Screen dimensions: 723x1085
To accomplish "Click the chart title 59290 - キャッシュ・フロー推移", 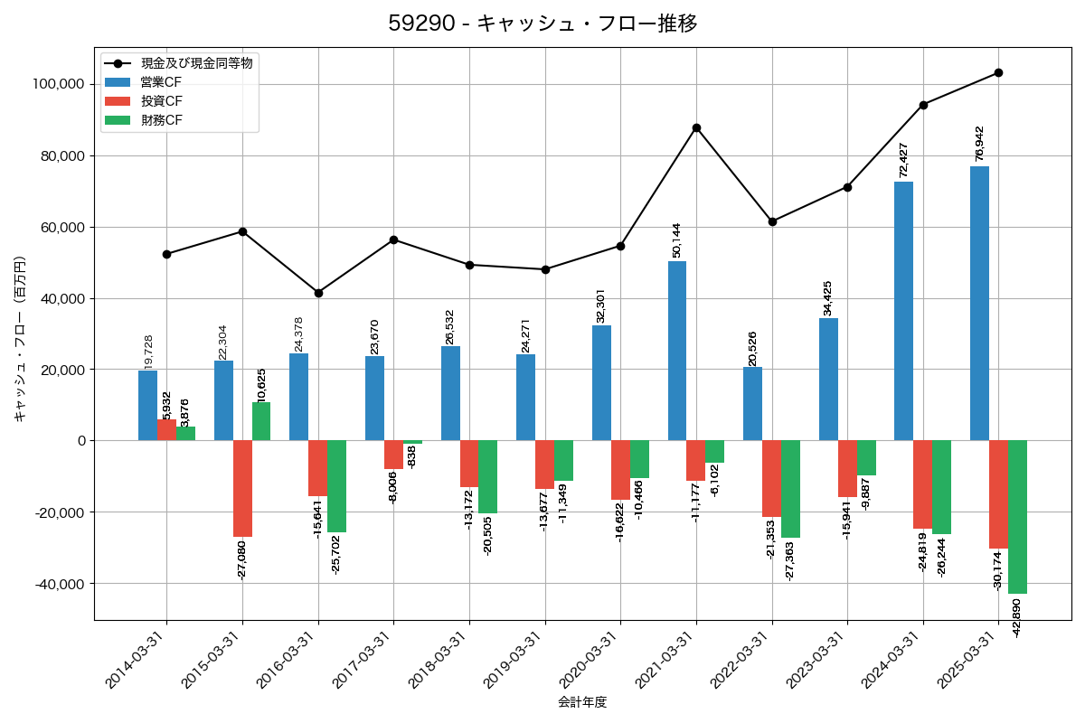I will pos(542,23).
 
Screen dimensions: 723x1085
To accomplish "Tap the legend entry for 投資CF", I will pos(161,101).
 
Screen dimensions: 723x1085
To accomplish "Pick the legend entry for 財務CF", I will pos(161,120).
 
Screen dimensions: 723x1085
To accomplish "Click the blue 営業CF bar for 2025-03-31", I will pos(979,303).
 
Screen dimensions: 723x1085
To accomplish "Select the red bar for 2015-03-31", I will pos(242,488).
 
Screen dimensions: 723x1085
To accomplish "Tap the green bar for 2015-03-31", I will pos(261,421).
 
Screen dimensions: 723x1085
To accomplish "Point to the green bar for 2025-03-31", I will pos(1017,517).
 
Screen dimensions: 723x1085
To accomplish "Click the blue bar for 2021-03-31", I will pos(677,351).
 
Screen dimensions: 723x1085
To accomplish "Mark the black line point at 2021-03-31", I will pos(696,127).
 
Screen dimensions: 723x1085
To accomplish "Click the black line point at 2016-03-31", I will pos(318,293).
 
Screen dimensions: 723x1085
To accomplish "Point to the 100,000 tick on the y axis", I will pos(58,84).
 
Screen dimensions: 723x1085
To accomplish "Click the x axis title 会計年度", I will pos(582,702).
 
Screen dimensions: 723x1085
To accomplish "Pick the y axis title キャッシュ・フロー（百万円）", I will pos(20,338).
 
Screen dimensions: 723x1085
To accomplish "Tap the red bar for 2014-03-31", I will pos(166,430).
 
